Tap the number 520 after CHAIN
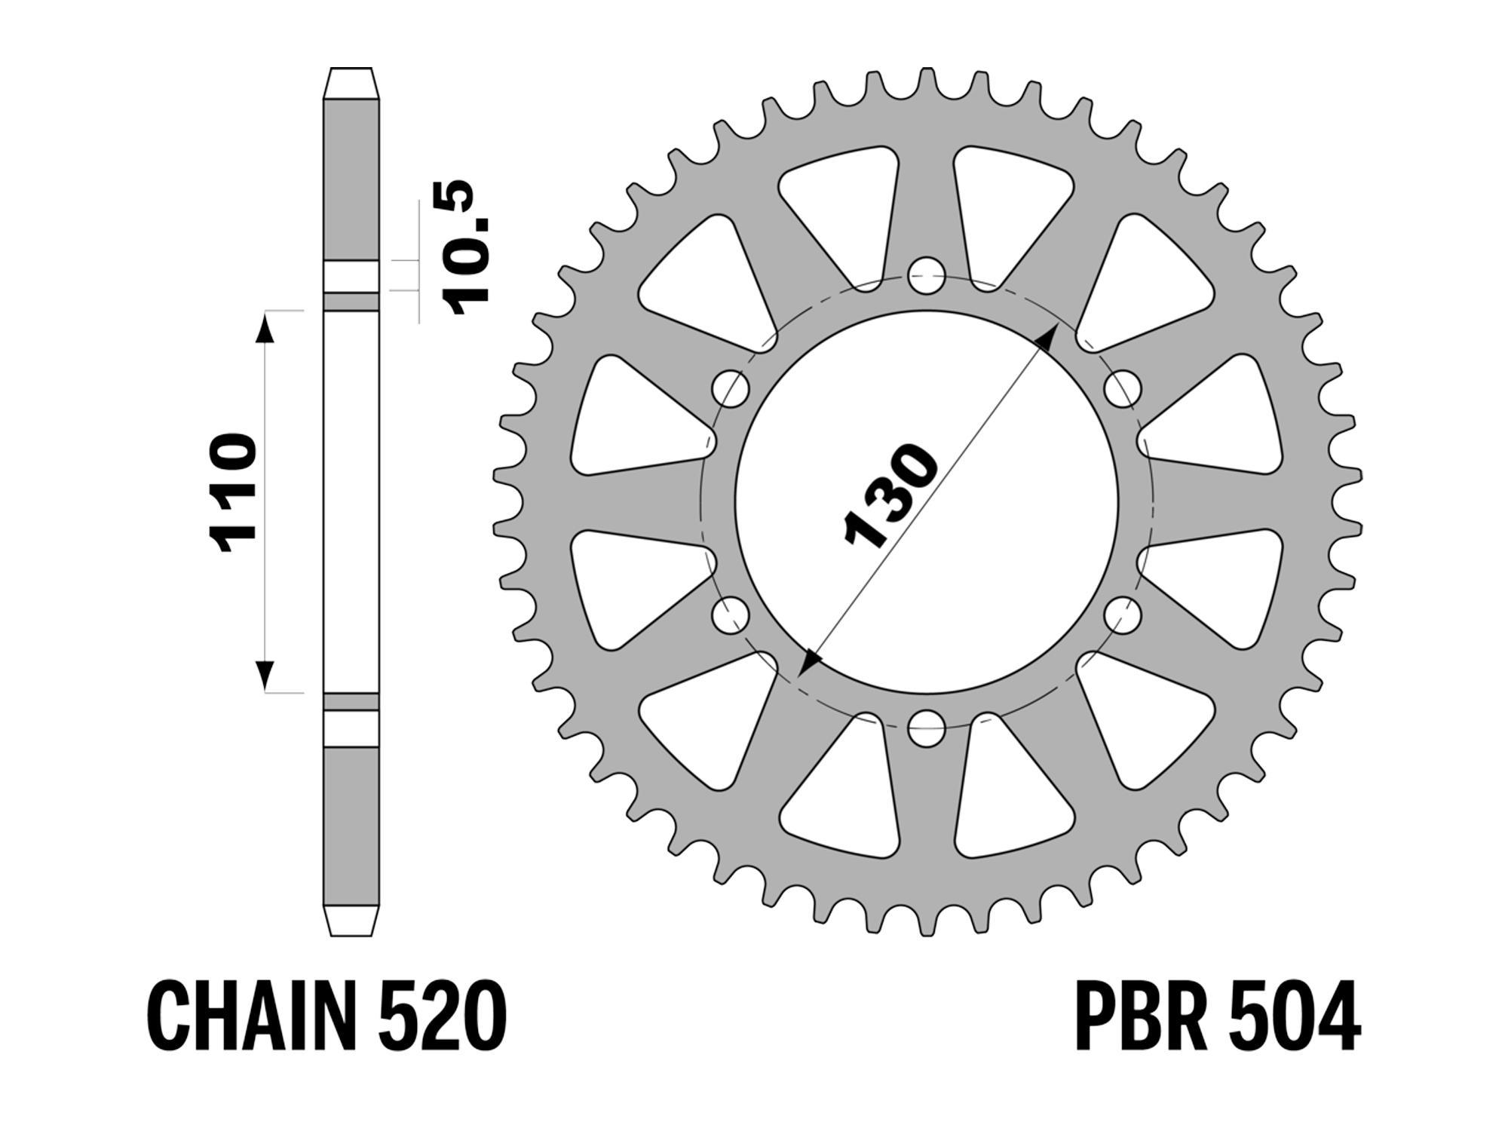442,1014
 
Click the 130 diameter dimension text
892,495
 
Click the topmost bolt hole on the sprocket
927,276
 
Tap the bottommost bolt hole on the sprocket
927,728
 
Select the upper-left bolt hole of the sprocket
731,389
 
